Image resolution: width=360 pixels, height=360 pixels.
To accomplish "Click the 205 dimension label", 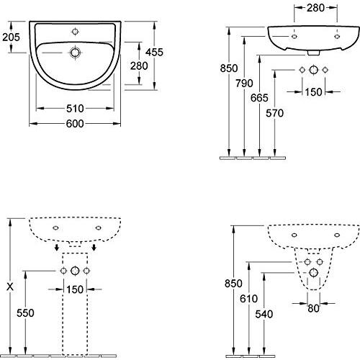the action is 11,37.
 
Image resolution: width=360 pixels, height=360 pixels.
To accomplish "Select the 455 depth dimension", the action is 154,52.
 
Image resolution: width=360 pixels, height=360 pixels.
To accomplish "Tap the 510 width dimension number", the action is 75,109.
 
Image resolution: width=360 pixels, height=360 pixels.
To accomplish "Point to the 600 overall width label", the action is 75,124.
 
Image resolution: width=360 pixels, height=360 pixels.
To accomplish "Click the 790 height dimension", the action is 244,84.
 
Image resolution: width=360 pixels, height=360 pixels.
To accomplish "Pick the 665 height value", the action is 259,98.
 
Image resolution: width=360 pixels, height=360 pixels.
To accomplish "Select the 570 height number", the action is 274,113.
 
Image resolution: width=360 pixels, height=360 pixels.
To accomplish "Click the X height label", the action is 10,287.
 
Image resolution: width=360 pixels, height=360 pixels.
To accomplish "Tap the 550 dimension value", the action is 25,313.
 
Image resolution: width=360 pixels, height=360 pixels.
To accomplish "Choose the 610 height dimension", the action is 249,299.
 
